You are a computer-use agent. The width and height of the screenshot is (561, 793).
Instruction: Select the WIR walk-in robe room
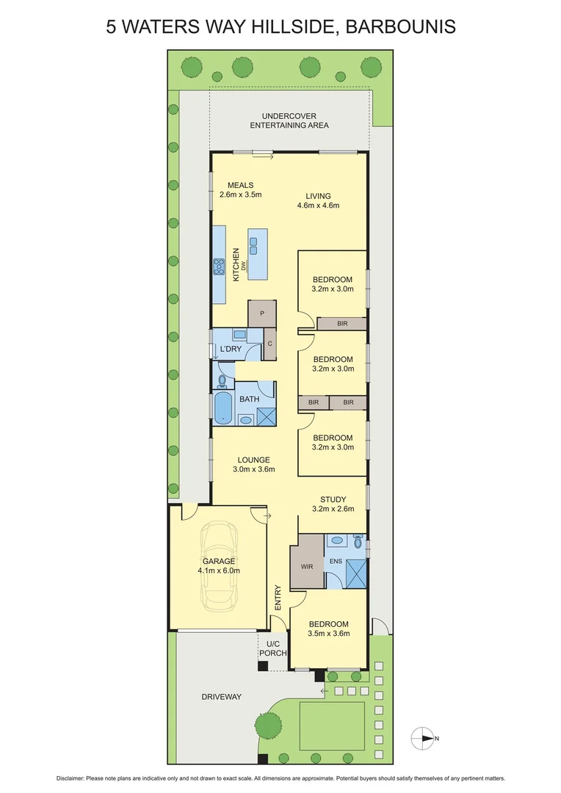(x=307, y=567)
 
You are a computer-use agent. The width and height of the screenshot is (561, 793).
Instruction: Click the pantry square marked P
(x=262, y=314)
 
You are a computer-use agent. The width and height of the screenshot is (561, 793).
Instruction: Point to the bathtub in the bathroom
(x=222, y=408)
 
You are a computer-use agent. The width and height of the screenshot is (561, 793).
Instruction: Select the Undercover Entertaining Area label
(x=289, y=120)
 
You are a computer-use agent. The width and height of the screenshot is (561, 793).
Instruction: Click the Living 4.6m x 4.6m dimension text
(x=323, y=206)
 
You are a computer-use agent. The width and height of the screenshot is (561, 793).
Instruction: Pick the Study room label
(x=333, y=500)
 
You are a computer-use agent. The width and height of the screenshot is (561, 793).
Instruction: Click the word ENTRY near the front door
(x=278, y=598)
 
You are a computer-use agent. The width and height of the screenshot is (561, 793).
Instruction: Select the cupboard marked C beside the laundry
(x=269, y=344)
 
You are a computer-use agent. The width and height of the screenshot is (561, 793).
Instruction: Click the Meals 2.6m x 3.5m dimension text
(x=240, y=195)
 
